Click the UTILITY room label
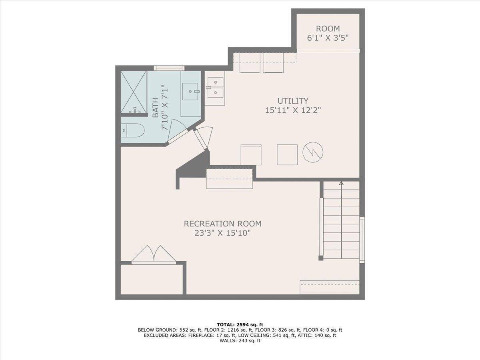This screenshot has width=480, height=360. coord(293,101)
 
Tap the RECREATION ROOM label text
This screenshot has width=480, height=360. coord(222,224)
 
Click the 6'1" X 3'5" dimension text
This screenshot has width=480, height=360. coord(328,38)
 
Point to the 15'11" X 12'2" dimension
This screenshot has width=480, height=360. coord(293,110)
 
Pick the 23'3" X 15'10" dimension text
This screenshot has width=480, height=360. coord(222,233)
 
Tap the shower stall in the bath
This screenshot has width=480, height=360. coord(134,92)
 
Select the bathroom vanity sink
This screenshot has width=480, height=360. coord(190,91)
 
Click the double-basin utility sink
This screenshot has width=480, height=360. coord(215,88)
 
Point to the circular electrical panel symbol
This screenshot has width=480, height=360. coord(313,152)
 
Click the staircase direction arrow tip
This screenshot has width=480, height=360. coord(341,183)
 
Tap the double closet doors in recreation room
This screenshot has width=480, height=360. coord(154,254)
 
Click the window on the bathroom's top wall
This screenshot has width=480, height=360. coord(169,68)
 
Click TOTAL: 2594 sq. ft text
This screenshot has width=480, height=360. coord(240,324)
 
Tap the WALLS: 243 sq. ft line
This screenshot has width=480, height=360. coord(240,341)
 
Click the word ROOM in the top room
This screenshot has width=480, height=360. coord(328,29)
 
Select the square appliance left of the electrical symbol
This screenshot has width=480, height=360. coord(287,154)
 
